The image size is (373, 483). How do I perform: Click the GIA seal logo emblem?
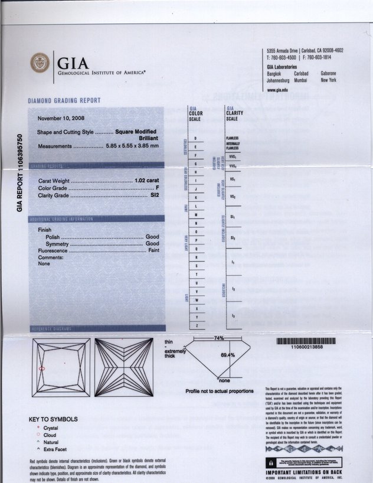pos(40,63)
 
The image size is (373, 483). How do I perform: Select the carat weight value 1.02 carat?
pos(147,179)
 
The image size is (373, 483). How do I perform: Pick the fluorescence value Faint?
pos(153,250)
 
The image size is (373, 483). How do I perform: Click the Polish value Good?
pos(152,236)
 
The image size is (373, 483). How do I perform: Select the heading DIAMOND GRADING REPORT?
pos(64,100)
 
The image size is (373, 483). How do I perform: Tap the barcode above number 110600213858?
pos(306,341)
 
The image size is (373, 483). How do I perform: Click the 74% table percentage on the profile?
pos(220,337)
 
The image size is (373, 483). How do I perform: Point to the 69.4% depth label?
pos(228,355)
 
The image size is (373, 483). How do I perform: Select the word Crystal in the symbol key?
pos(51,427)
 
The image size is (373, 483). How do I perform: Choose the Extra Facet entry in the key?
pos(57,449)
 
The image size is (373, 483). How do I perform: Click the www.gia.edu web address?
pos(277,89)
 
